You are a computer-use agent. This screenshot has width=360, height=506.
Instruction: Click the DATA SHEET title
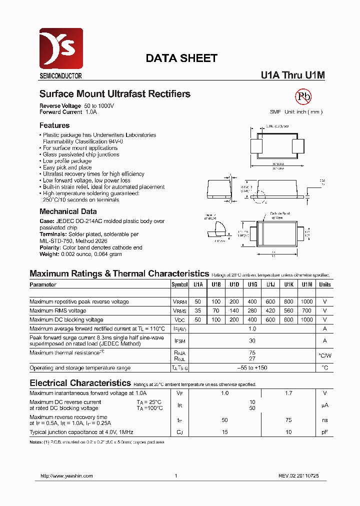tap(181, 58)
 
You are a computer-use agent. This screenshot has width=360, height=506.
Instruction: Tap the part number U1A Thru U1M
tap(292, 75)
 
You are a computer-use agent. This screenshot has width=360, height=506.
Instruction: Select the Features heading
tap(54, 125)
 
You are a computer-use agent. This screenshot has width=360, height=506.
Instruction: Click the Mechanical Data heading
tap(68, 211)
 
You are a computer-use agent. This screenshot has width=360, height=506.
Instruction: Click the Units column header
tap(325, 284)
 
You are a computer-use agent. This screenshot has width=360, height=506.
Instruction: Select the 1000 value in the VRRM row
tap(307, 301)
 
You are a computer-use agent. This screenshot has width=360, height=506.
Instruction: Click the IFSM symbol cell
tap(179, 340)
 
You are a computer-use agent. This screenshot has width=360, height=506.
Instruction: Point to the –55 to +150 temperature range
tap(252, 367)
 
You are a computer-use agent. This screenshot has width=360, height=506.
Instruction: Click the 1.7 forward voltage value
tap(288, 393)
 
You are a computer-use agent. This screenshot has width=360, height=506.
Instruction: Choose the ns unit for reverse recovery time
tap(325, 420)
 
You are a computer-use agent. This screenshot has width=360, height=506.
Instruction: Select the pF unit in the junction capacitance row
tap(325, 431)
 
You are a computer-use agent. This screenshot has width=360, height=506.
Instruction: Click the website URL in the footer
tap(66, 476)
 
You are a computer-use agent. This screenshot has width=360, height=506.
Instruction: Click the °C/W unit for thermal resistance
tap(325, 355)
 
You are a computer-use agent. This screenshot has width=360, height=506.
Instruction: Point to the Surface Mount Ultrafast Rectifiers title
tap(114, 94)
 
